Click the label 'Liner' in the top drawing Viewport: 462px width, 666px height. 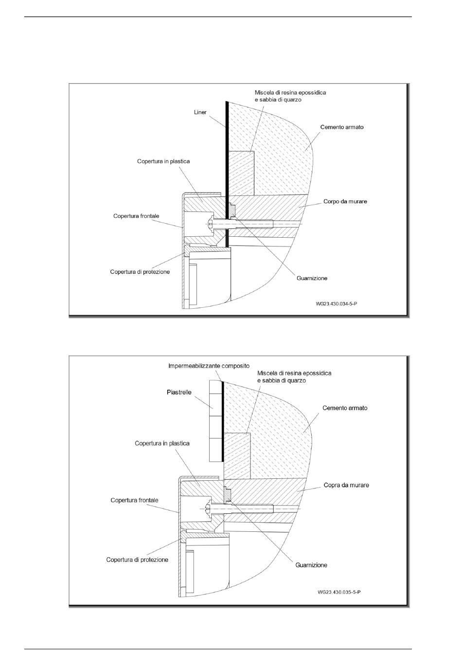[200, 112]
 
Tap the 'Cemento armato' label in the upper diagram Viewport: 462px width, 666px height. [342, 127]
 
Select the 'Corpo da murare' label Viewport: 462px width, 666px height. [345, 201]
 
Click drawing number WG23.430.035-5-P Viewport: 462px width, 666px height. [338, 592]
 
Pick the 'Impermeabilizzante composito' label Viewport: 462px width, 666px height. [209, 366]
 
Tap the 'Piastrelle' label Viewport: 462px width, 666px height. [179, 392]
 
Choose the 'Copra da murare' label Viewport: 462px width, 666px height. [346, 485]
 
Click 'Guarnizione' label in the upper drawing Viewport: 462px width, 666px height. [312, 278]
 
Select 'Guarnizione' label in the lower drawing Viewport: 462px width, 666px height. [311, 565]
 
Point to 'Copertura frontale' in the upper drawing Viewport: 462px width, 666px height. [136, 216]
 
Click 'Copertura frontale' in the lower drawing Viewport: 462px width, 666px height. [134, 500]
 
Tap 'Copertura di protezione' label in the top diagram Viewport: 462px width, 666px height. [140, 272]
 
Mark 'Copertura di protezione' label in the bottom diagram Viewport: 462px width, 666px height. [137, 560]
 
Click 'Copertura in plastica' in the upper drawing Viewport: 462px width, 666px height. [163, 161]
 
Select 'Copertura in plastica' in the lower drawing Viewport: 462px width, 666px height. [162, 443]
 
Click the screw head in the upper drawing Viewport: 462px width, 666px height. [211, 224]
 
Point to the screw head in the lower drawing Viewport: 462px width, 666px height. [208, 508]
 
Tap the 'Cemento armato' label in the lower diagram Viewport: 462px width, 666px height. [345, 408]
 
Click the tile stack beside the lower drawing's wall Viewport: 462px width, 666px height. [215, 421]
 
